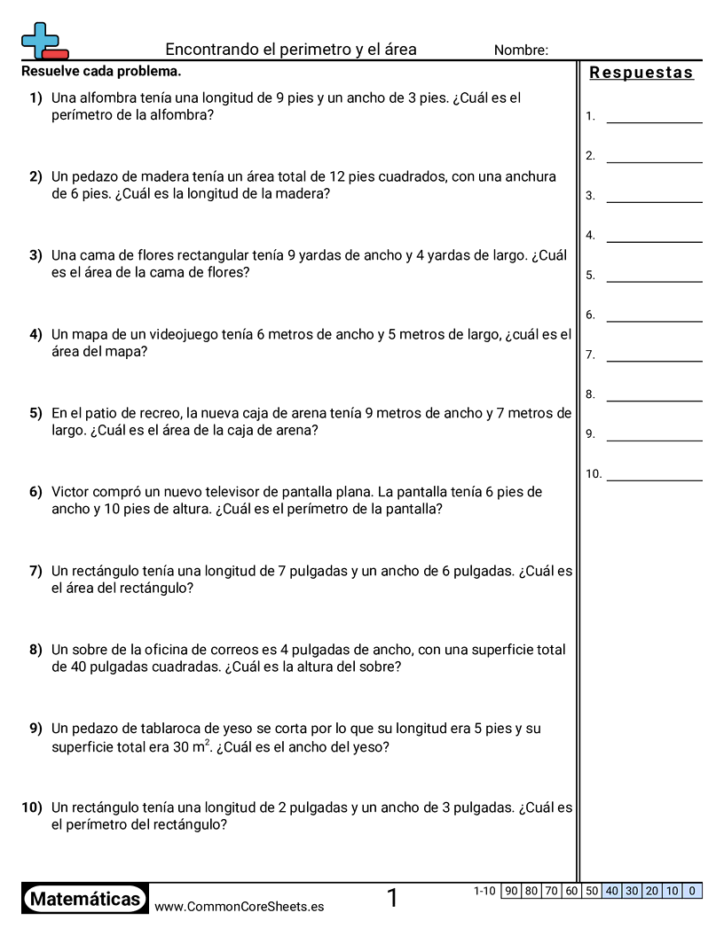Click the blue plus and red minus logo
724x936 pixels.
pos(43,41)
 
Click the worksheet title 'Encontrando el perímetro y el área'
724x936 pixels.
pos(291,50)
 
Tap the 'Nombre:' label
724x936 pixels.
pos(521,51)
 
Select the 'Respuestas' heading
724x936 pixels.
pos(641,73)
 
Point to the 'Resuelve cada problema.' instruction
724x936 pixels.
pos(101,71)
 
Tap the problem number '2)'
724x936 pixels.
pos(35,176)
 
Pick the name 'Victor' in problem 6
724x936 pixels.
pos(72,492)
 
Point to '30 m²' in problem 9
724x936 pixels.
pos(189,746)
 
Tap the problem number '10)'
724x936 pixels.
pos(32,807)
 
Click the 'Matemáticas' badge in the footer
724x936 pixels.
pos(85,900)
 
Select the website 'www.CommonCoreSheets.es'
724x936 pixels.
pos(239,907)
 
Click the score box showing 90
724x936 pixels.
pos(511,891)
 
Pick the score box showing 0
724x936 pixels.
pos(692,891)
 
